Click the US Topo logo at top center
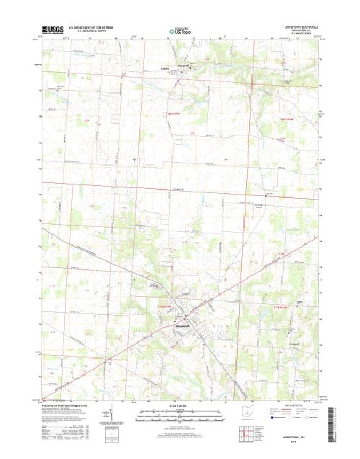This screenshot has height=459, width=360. click(179, 32)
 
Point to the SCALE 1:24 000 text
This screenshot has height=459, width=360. click(180, 407)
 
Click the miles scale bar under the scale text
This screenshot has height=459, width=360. click(180, 414)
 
